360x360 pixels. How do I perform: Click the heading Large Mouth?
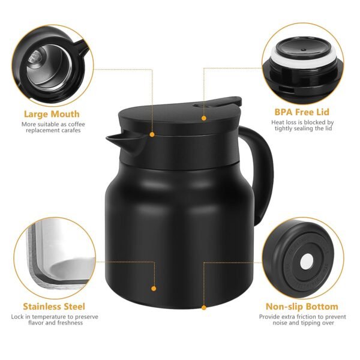click(x=51, y=113)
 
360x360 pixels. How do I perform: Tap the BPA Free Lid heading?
click(x=302, y=112)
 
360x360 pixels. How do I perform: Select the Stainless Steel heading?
click(x=54, y=306)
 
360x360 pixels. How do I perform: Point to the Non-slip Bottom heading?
click(x=302, y=306)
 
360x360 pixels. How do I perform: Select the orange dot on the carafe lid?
click(x=203, y=118)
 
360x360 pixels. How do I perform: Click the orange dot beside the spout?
click(x=152, y=134)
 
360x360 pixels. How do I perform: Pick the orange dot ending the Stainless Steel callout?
click(x=154, y=289)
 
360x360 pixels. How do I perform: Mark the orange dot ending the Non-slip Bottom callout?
click(x=203, y=307)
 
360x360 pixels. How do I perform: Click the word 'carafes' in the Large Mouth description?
click(x=68, y=131)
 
